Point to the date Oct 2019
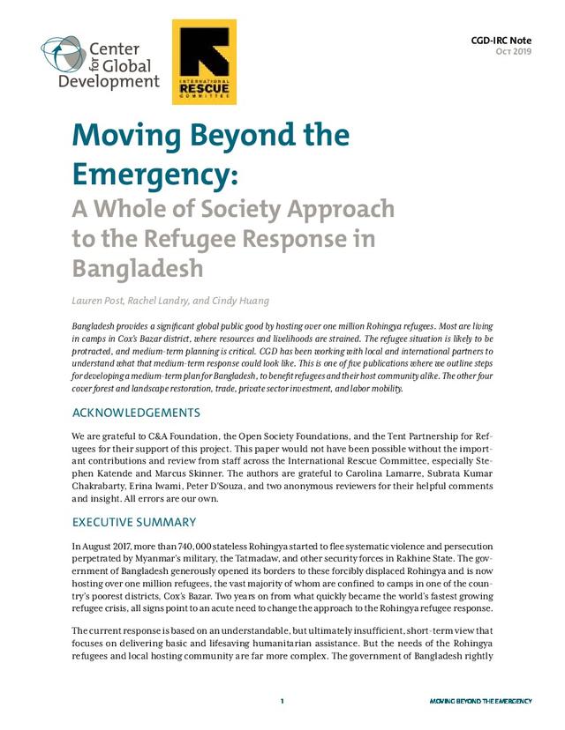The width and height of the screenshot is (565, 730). [514, 52]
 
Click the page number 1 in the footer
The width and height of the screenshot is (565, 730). [282, 701]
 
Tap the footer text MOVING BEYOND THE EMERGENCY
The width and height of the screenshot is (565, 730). [480, 702]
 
